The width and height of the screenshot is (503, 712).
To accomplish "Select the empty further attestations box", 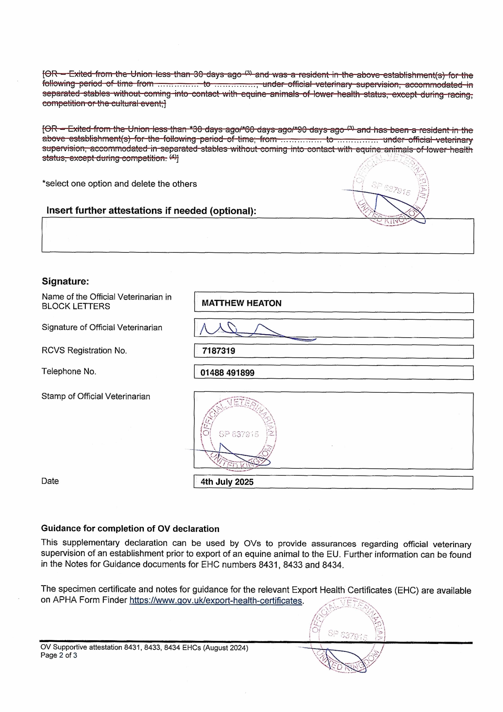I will (257, 236).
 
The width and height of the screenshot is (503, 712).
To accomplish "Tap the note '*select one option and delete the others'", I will (119, 184).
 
